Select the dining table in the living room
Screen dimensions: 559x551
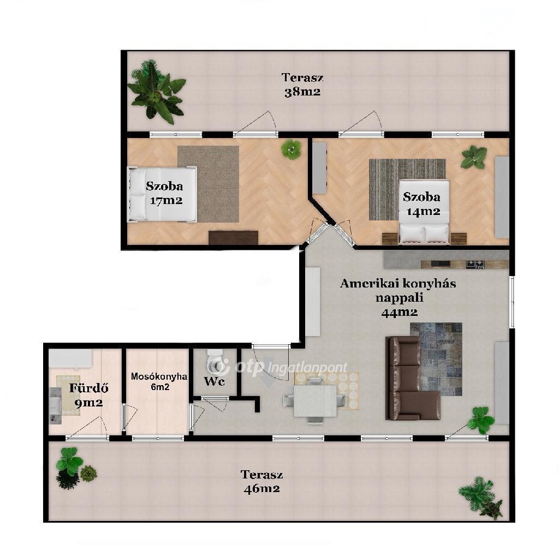point(315,400)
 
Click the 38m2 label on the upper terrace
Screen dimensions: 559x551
point(302,92)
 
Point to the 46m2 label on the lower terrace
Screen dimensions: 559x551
point(261,488)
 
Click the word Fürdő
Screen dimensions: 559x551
point(88,388)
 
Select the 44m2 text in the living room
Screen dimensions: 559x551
point(399,313)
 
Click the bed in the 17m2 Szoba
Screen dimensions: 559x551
point(162,194)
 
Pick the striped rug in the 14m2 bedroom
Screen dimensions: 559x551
point(407,189)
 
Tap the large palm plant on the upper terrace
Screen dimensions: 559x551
point(156,92)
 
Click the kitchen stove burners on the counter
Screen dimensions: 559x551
point(475,264)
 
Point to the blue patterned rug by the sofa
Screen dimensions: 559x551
point(436,359)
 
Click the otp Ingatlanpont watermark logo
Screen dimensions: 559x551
point(277,367)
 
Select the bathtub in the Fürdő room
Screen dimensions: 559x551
point(70,357)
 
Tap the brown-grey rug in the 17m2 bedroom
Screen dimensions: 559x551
point(208,184)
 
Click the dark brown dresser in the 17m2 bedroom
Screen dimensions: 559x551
point(234,237)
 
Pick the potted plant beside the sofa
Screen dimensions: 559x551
point(481,420)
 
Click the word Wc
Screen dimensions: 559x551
point(214,381)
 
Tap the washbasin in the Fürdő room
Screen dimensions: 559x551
point(55,406)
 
